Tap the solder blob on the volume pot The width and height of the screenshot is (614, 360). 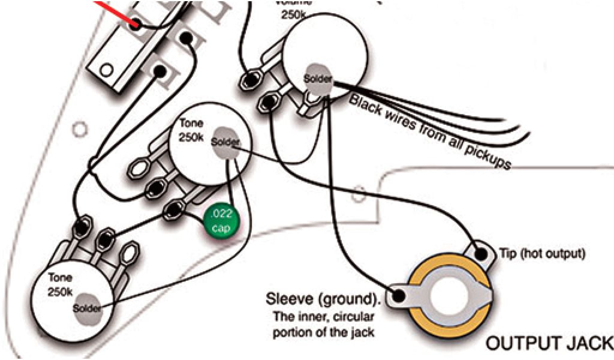coord(316,77)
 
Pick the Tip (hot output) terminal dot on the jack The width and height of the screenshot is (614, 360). coord(482,253)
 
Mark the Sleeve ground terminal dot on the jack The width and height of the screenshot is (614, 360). coord(396,295)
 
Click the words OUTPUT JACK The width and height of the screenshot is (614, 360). coord(549,343)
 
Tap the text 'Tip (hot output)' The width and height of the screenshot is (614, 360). coord(541,253)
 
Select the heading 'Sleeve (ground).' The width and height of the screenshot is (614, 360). coord(323,298)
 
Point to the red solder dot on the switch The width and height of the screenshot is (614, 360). coord(136,25)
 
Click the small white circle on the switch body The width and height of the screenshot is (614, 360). coord(106,70)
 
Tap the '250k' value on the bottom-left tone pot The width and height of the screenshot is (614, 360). coord(59,292)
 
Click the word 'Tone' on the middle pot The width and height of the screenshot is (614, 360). coord(190,124)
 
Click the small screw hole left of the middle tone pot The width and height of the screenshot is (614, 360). coord(77,127)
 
